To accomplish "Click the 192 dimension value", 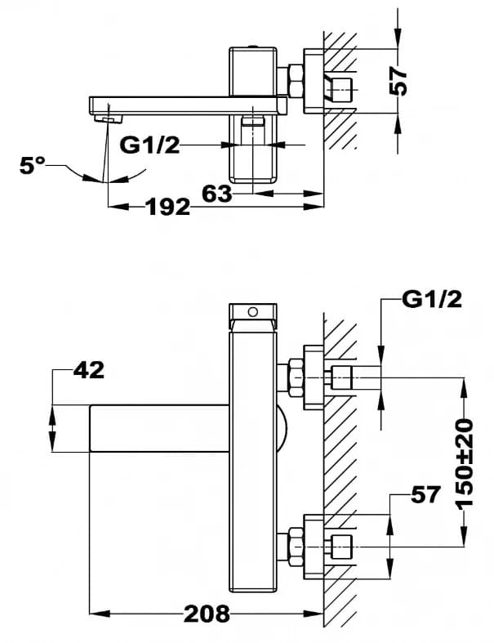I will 167,207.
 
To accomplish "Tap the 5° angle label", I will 33,166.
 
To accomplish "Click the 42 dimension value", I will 88,370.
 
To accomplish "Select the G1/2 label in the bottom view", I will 432,300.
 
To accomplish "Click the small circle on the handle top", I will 252,311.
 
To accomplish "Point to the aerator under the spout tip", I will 102,119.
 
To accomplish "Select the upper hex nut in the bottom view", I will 290,378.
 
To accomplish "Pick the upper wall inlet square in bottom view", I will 341,378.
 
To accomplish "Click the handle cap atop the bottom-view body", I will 252,311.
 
